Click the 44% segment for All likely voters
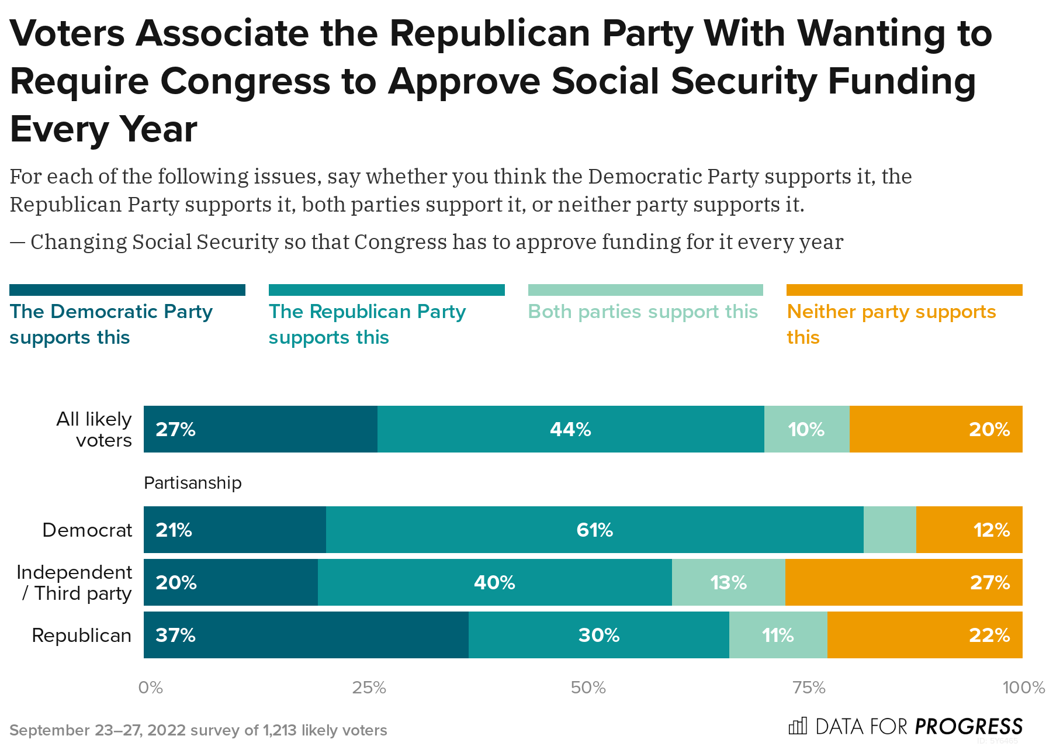click(570, 429)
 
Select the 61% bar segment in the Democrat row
click(594, 530)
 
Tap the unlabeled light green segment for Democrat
click(889, 530)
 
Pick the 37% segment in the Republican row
click(306, 635)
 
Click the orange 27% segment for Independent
click(903, 582)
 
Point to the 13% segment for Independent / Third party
click(728, 582)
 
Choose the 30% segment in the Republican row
click(598, 635)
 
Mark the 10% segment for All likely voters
click(806, 429)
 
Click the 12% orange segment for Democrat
click(969, 530)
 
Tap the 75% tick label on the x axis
click(809, 688)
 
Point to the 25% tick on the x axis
click(369, 688)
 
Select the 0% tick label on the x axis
click(150, 688)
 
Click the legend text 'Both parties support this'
click(643, 312)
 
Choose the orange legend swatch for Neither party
click(904, 290)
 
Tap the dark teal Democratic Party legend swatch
click(127, 290)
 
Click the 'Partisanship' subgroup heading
click(193, 483)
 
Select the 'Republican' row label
click(82, 635)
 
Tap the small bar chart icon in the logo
click(798, 726)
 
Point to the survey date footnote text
click(199, 730)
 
